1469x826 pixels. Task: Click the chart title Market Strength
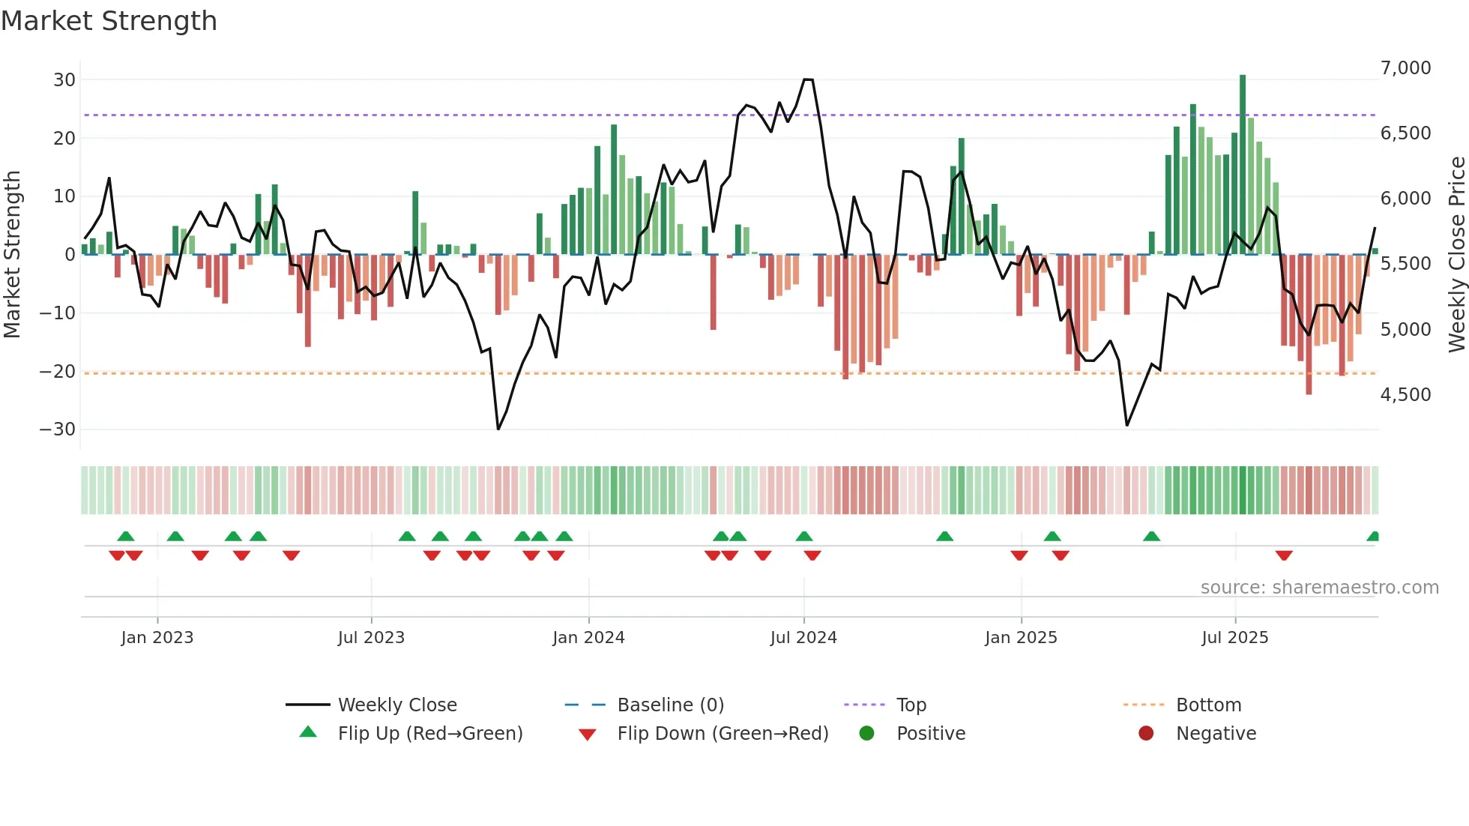coord(109,21)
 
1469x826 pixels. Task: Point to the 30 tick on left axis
coord(64,80)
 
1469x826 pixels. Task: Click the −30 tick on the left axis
coord(58,429)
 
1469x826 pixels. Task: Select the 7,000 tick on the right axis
coord(1405,68)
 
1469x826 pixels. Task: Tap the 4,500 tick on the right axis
coord(1405,395)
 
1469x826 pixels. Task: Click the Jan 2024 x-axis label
coord(588,638)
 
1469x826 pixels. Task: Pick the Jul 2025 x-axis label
coord(1234,638)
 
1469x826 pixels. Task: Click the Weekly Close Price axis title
coord(1456,255)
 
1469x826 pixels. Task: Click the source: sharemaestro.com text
coord(1319,588)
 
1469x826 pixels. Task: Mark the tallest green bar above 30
coord(1243,165)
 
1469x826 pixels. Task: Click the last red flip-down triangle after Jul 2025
coord(1284,555)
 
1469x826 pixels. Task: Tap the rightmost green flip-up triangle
coord(1373,537)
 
